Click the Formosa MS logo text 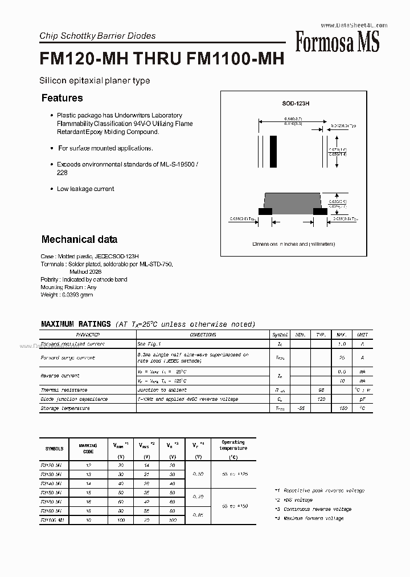[337, 42]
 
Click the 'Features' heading [62, 98]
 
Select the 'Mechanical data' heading [79, 239]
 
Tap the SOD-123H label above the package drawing [296, 103]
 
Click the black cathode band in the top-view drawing [273, 151]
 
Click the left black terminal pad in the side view [265, 212]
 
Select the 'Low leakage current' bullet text [85, 189]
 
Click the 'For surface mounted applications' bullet [105, 148]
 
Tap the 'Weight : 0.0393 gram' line [67, 295]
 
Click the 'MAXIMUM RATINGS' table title [76, 324]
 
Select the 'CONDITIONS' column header [203, 335]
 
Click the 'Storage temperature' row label [65, 408]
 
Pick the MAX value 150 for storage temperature [342, 408]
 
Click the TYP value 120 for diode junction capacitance [321, 399]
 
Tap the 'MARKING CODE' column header [88, 448]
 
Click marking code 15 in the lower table [88, 492]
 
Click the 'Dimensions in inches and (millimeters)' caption [294, 243]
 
